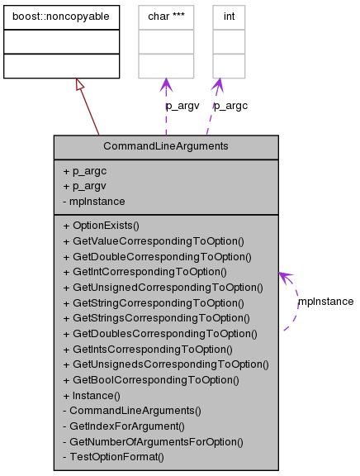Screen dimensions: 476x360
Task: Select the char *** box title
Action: (x=165, y=15)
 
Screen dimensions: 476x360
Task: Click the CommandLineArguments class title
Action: (x=166, y=146)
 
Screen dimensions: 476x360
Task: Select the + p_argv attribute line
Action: (x=84, y=185)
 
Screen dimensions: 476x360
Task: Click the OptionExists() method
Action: (x=102, y=225)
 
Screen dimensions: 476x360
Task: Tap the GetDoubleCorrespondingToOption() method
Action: (x=157, y=256)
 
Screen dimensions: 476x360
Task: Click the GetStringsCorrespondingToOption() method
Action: (x=159, y=317)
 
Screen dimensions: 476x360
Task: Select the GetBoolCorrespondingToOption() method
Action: (x=151, y=379)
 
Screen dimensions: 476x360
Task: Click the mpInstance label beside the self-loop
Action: (x=325, y=302)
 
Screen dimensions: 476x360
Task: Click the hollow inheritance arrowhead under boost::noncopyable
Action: (x=79, y=84)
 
